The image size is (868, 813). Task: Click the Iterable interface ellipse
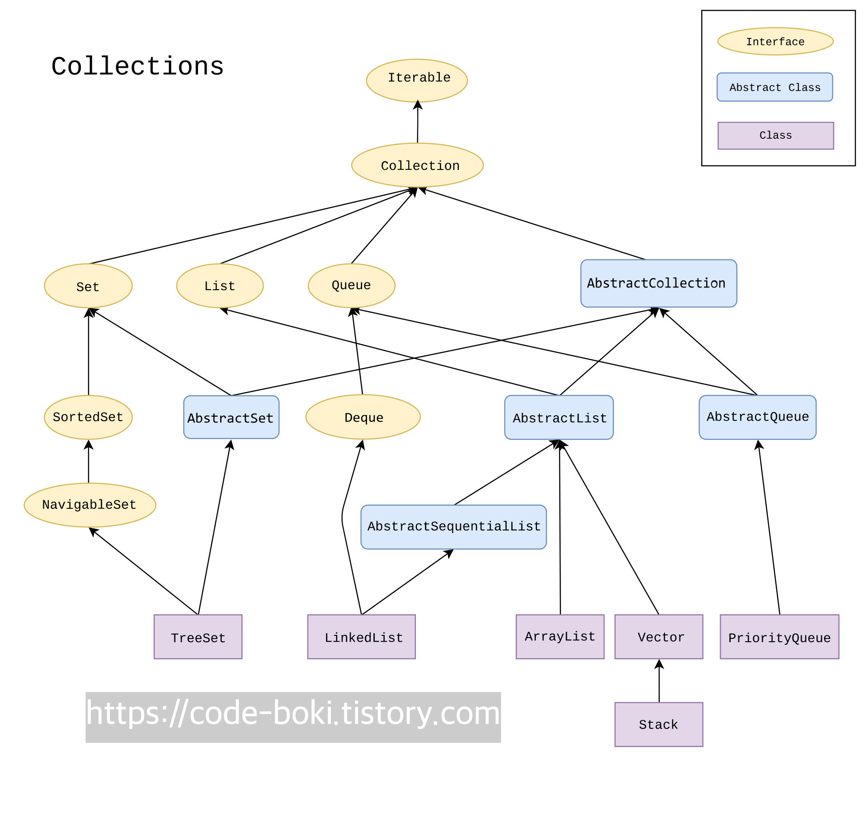(417, 80)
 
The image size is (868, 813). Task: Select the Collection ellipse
(417, 165)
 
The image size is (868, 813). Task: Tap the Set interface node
(88, 286)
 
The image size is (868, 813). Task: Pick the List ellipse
(220, 286)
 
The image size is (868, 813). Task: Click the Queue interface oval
(351, 285)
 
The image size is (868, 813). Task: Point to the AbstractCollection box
(658, 283)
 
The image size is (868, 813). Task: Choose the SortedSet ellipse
(88, 417)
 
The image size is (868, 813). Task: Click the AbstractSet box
(231, 417)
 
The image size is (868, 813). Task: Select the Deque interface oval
(363, 417)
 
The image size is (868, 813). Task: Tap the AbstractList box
(559, 417)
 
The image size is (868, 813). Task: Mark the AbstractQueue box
(757, 417)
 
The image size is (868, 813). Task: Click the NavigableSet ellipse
(90, 505)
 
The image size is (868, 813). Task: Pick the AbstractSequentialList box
(453, 527)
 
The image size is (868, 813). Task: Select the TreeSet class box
(198, 636)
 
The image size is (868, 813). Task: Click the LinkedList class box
(361, 636)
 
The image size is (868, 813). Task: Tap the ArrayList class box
(560, 636)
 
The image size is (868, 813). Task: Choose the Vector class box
(659, 636)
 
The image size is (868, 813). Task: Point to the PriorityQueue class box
(779, 636)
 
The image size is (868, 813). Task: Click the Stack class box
(659, 724)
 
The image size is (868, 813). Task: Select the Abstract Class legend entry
(774, 87)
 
